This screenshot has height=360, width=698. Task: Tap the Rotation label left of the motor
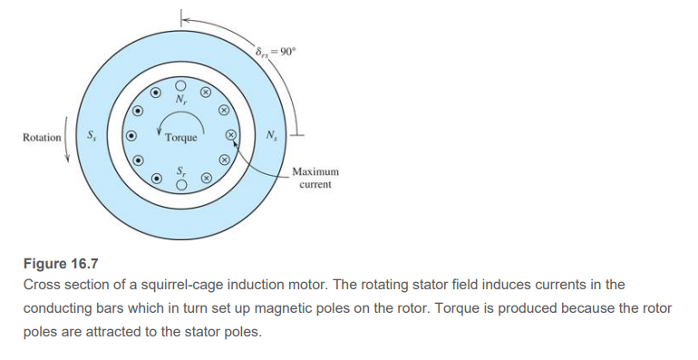click(42, 138)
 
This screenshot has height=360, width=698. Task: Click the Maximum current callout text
click(315, 178)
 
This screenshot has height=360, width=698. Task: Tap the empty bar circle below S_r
click(181, 186)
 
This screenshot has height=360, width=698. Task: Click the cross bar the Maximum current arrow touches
click(230, 135)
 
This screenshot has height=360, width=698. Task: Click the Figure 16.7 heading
click(59, 264)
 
